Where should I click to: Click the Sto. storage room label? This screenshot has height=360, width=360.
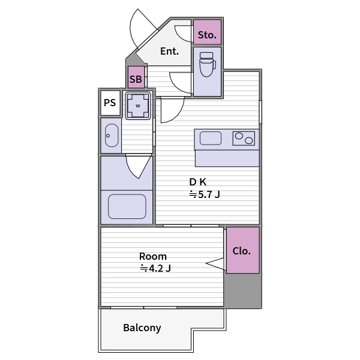point(207,35)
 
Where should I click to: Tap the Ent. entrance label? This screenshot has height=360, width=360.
point(169,51)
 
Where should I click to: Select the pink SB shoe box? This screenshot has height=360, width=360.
point(136,77)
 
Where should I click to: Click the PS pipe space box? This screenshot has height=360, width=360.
point(110,103)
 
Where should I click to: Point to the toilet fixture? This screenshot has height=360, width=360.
point(208,64)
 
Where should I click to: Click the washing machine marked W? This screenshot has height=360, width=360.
point(138,106)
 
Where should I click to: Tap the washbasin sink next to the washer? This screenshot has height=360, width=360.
point(112,136)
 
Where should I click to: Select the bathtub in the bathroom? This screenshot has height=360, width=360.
point(127,206)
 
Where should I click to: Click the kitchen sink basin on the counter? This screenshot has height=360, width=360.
point(211,138)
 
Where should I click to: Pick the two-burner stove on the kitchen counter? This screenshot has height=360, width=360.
point(244,138)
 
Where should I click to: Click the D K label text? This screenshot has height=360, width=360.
point(197,182)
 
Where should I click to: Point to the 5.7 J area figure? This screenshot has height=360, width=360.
point(205,194)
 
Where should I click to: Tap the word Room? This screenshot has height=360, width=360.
point(153,256)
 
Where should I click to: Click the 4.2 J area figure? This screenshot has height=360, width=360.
point(155,268)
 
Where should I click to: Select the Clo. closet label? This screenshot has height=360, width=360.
point(242,251)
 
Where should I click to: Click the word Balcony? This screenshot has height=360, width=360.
point(142,328)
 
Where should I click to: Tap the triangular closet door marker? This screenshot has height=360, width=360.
point(215,264)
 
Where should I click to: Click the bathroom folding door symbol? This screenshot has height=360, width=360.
point(139,167)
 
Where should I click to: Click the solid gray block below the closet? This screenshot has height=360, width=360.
point(242,290)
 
